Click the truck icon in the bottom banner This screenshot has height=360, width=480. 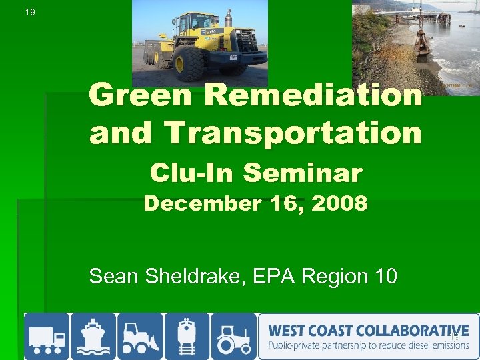tap(47, 336)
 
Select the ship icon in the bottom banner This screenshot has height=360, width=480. tap(93, 336)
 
